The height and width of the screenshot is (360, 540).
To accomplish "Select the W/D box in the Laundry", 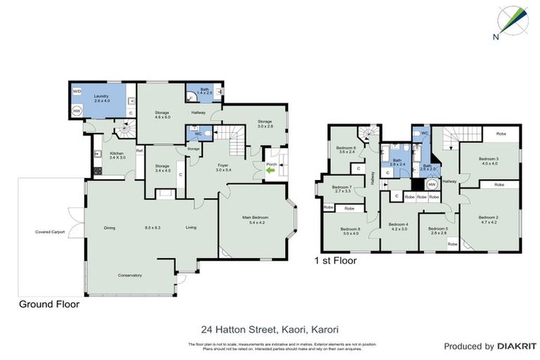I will click(x=77, y=91).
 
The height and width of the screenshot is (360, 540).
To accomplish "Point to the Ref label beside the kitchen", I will click(x=139, y=150).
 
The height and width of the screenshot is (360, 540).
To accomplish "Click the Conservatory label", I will click(x=129, y=275).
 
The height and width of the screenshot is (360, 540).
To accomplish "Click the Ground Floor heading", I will click(x=48, y=305).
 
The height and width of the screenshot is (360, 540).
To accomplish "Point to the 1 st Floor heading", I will click(x=335, y=260).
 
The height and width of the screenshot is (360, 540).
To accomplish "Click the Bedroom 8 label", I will click(x=350, y=230).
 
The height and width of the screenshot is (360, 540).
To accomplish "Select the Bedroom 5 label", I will click(x=438, y=230).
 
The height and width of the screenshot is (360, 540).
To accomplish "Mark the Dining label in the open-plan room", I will click(x=109, y=227).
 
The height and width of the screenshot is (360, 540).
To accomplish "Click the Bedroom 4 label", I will click(x=398, y=226).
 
